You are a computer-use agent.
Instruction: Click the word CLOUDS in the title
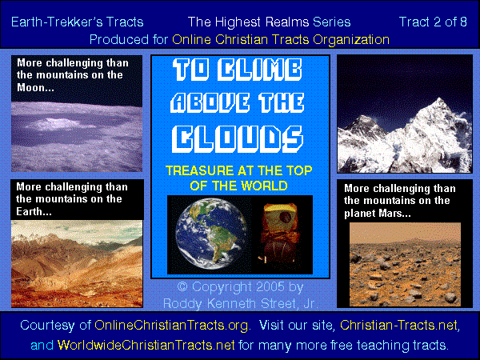238,139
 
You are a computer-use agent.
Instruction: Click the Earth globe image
211,234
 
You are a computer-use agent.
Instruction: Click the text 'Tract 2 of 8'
433,22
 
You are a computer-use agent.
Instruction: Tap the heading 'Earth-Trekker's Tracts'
77,22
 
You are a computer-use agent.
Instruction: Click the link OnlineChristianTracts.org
171,325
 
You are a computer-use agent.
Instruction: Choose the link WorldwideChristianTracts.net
146,345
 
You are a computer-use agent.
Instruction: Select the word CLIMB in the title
259,70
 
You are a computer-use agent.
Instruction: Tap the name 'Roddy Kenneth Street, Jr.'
241,303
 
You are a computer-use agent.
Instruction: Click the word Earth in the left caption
29,211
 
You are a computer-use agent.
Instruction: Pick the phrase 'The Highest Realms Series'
269,22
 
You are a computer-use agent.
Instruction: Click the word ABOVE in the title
210,102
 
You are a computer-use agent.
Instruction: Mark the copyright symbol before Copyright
182,287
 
